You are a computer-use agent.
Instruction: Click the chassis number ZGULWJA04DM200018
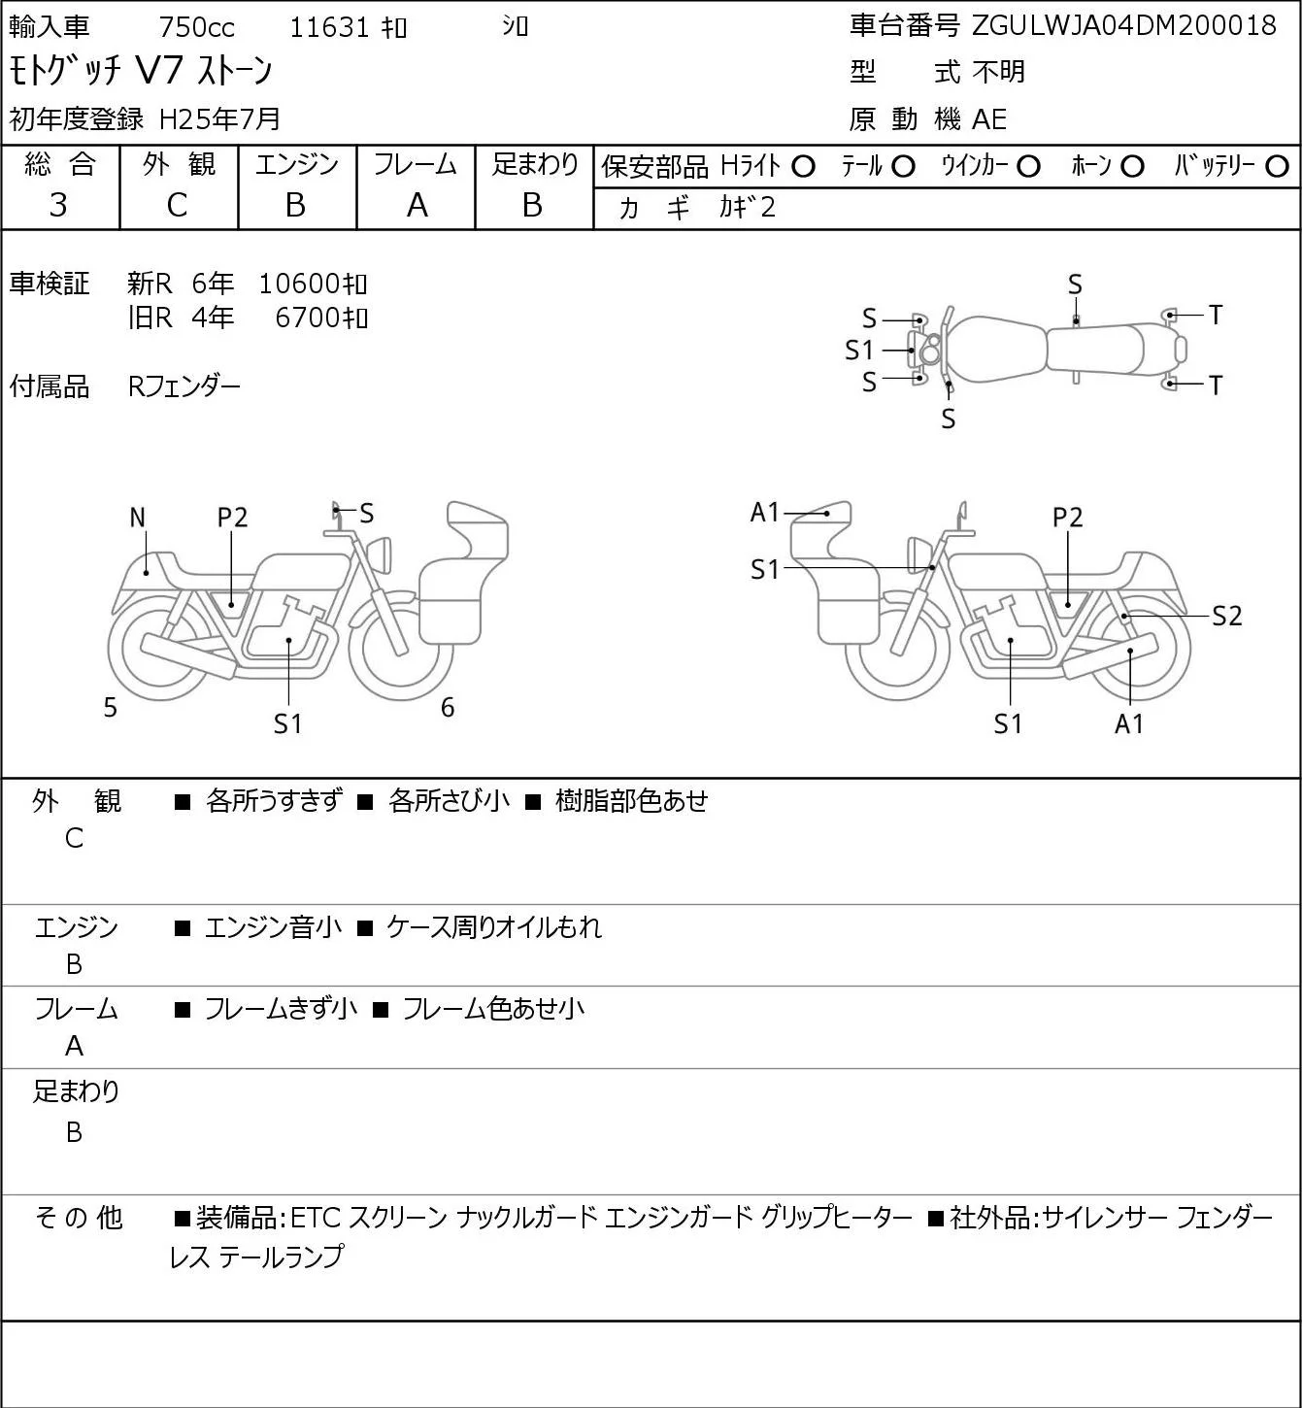(x=1123, y=26)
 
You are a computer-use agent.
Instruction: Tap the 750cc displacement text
(x=196, y=27)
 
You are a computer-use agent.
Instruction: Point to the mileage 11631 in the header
(x=329, y=27)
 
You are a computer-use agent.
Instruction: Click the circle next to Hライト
(x=803, y=167)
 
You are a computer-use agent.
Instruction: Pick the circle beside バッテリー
(x=1277, y=167)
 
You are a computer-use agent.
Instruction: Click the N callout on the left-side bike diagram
(x=138, y=519)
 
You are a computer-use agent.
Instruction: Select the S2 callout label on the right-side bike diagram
(x=1227, y=616)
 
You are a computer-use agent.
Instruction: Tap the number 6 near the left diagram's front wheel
(x=448, y=707)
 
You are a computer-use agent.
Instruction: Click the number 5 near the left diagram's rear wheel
(x=110, y=708)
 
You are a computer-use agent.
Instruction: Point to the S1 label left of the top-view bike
(x=859, y=351)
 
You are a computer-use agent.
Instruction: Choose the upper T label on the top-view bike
(x=1216, y=315)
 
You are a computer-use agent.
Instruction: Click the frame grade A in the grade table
(x=417, y=206)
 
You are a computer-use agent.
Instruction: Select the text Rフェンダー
(x=184, y=386)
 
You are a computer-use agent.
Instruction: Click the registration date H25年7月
(x=219, y=119)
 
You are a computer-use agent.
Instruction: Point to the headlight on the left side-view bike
(x=380, y=555)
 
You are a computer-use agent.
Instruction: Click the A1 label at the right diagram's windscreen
(x=764, y=512)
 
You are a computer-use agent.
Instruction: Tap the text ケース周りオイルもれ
(x=494, y=927)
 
